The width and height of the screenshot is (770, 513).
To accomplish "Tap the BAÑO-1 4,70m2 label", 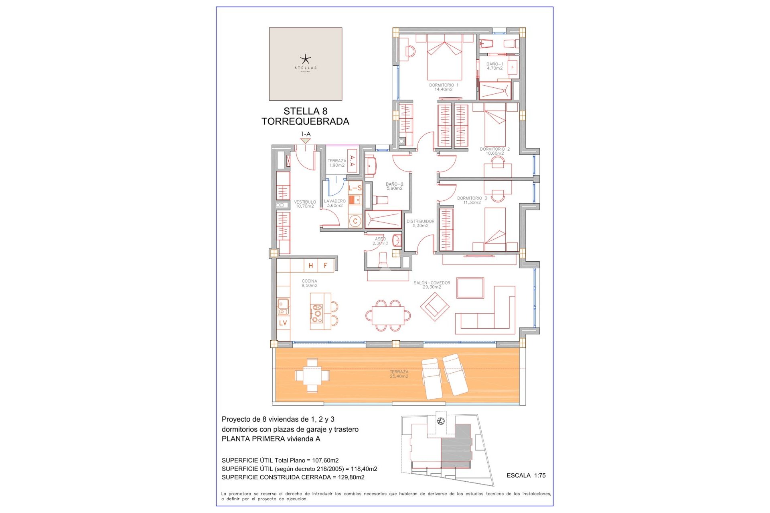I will tap(494, 66).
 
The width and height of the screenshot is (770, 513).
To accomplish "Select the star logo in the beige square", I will tap(305, 60).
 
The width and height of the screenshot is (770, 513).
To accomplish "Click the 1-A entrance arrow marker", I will tap(306, 141).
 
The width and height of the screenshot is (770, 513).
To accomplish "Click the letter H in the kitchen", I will tap(311, 266).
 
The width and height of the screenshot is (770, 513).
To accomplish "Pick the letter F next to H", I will tap(326, 266).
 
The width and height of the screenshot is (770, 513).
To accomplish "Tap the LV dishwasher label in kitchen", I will tap(283, 323).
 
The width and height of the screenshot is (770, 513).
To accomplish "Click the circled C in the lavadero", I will tap(355, 221).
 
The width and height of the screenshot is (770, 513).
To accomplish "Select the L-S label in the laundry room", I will tap(355, 188).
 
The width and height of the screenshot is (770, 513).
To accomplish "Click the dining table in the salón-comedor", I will tap(388, 316).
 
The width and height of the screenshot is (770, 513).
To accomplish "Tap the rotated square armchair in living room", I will tap(435, 307).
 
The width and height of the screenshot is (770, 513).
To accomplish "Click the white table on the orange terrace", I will tap(312, 376).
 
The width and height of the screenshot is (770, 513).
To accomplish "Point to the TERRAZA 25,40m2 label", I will tap(399, 374).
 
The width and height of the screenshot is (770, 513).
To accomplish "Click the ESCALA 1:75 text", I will tap(526, 475).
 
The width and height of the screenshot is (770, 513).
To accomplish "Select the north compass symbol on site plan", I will tap(441, 421).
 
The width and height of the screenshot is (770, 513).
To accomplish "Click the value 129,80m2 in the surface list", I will tap(351, 477).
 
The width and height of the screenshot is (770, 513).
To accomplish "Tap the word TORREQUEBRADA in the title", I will tap(305, 121).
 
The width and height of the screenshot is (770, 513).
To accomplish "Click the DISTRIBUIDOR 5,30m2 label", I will tap(420, 224).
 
